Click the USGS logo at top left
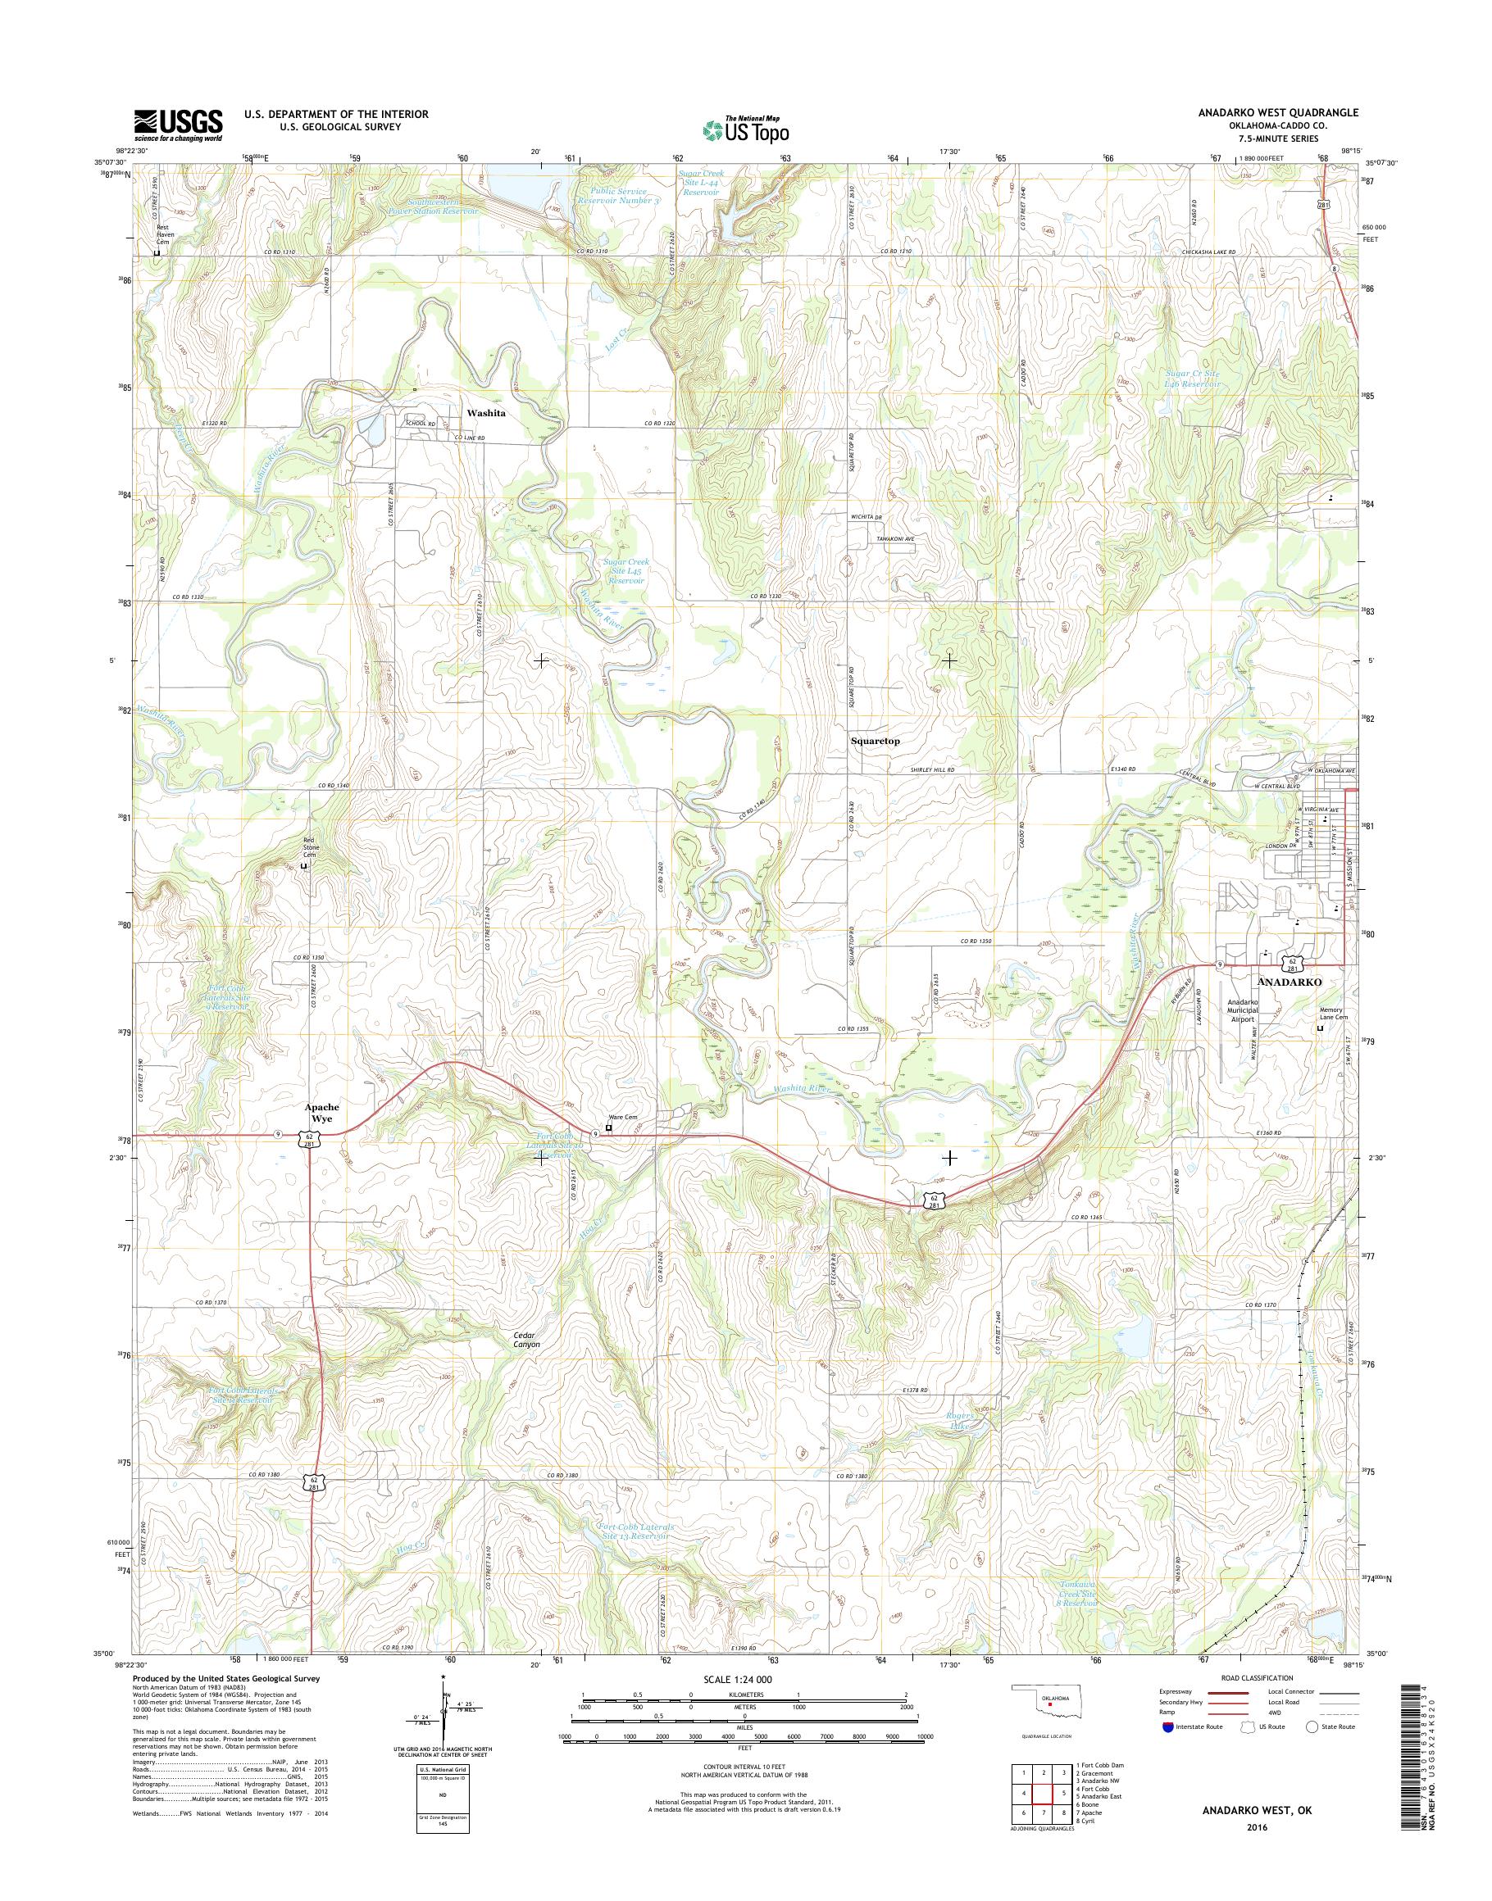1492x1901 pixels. pyautogui.click(x=177, y=125)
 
